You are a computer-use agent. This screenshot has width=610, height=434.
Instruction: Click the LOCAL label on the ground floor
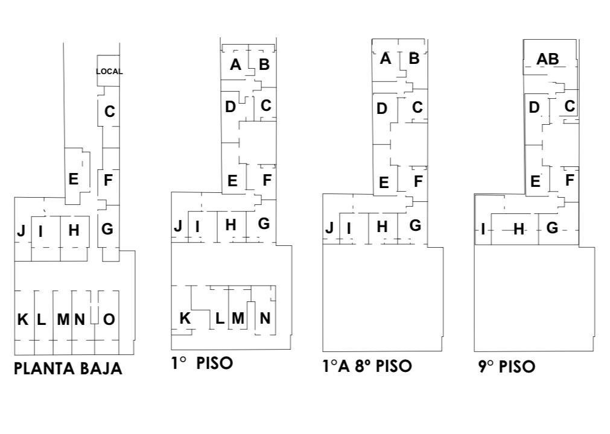click(x=109, y=72)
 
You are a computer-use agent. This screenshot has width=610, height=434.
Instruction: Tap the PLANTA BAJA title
click(x=68, y=369)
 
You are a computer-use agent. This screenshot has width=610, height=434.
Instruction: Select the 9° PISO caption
click(x=506, y=366)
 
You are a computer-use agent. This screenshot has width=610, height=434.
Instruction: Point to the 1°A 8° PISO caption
click(x=367, y=366)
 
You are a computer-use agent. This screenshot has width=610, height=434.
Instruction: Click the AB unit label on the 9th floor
click(x=548, y=59)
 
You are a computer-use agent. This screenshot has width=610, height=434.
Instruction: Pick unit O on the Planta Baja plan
click(x=109, y=319)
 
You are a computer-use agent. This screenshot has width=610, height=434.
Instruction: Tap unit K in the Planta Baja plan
click(x=23, y=319)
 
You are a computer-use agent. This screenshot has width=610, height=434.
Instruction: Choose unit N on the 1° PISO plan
click(x=265, y=318)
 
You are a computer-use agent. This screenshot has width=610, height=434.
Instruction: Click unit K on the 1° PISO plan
click(x=185, y=318)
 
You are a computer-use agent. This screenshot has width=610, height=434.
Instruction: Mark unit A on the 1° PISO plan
click(x=235, y=64)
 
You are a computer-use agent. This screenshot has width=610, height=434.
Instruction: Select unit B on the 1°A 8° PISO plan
click(x=415, y=58)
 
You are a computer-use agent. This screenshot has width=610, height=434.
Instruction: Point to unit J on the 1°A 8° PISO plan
click(x=329, y=228)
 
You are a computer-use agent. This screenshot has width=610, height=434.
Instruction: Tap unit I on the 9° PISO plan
click(x=483, y=229)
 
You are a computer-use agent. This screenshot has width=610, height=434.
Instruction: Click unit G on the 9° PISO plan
click(x=553, y=228)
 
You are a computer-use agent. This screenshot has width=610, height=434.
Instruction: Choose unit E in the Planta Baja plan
click(x=73, y=180)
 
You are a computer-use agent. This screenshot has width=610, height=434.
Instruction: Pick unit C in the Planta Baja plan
click(x=110, y=112)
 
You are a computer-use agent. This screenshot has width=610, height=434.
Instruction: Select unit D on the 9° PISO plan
click(x=534, y=107)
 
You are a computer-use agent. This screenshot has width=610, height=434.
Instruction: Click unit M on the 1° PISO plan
click(x=238, y=318)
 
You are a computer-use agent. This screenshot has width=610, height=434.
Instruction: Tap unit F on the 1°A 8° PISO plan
click(x=418, y=181)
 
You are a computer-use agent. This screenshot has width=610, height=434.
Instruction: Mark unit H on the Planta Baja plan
click(x=74, y=230)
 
